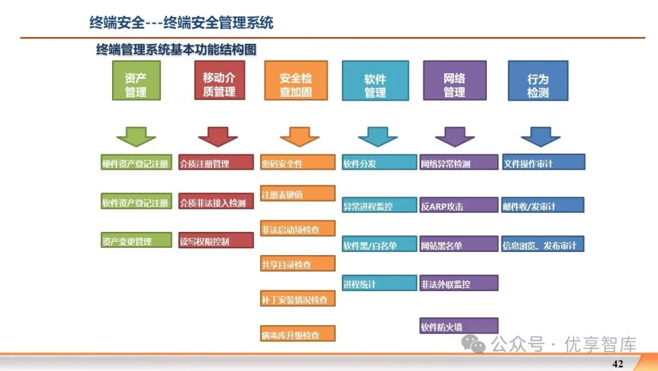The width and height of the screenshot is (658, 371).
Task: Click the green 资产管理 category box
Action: coord(136,81)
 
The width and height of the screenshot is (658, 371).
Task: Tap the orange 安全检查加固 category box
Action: coord(295,81)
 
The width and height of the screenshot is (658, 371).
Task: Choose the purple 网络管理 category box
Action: coord(454,81)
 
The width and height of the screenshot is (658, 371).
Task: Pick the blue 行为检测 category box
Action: coord(537,81)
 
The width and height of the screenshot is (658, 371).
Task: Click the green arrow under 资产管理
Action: coord(136,136)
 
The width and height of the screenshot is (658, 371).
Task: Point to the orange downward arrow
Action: coord(299,136)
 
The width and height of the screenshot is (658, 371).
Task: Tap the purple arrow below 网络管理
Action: coord(454,136)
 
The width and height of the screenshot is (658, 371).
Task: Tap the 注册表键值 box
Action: coord(298,193)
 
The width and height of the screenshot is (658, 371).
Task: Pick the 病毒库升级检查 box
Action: coord(298,334)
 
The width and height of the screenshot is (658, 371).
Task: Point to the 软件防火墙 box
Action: coord(458,326)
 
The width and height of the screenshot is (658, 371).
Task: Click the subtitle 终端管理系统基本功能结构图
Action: coord(176,49)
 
